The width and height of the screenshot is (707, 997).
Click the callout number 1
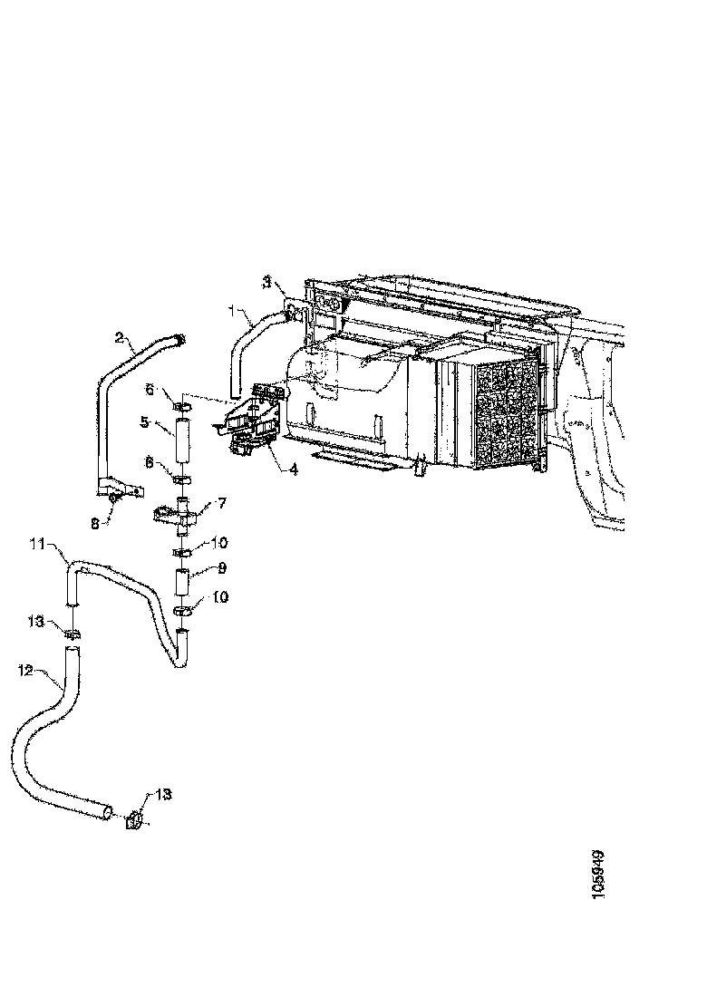click(233, 312)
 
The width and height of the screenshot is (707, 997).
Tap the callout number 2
click(119, 337)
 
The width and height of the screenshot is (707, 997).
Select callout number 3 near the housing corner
click(266, 282)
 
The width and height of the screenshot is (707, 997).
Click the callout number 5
click(144, 421)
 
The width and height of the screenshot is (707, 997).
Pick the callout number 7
click(221, 501)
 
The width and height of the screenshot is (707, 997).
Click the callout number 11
click(37, 544)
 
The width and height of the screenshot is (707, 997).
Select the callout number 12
click(24, 670)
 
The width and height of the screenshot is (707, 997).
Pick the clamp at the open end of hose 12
click(132, 820)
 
